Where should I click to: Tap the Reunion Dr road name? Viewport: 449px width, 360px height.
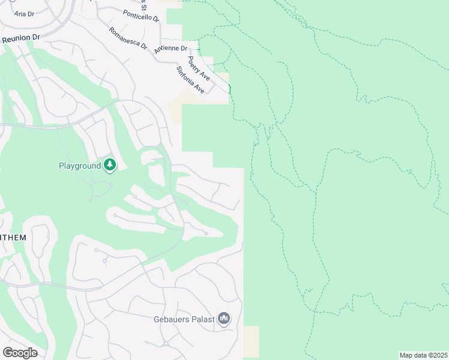[x=20, y=37]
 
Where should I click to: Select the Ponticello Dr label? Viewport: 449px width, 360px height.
[x=141, y=16]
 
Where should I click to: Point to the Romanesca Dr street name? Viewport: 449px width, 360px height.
[x=128, y=38]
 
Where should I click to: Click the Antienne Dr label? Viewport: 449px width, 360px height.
[x=171, y=49]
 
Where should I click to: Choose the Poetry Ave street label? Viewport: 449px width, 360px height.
[x=198, y=68]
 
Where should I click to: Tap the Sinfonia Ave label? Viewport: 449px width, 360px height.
[x=190, y=80]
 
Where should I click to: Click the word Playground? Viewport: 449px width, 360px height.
[x=79, y=166]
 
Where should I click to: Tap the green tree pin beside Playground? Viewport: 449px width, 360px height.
[x=109, y=165]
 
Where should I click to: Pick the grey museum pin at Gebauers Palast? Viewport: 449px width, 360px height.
[x=224, y=317]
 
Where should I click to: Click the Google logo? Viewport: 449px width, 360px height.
[x=20, y=353]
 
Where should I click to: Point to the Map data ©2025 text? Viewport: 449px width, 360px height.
[x=423, y=355]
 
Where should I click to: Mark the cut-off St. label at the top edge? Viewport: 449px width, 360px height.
[x=143, y=5]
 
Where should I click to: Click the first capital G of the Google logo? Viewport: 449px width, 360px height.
[x=8, y=353]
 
